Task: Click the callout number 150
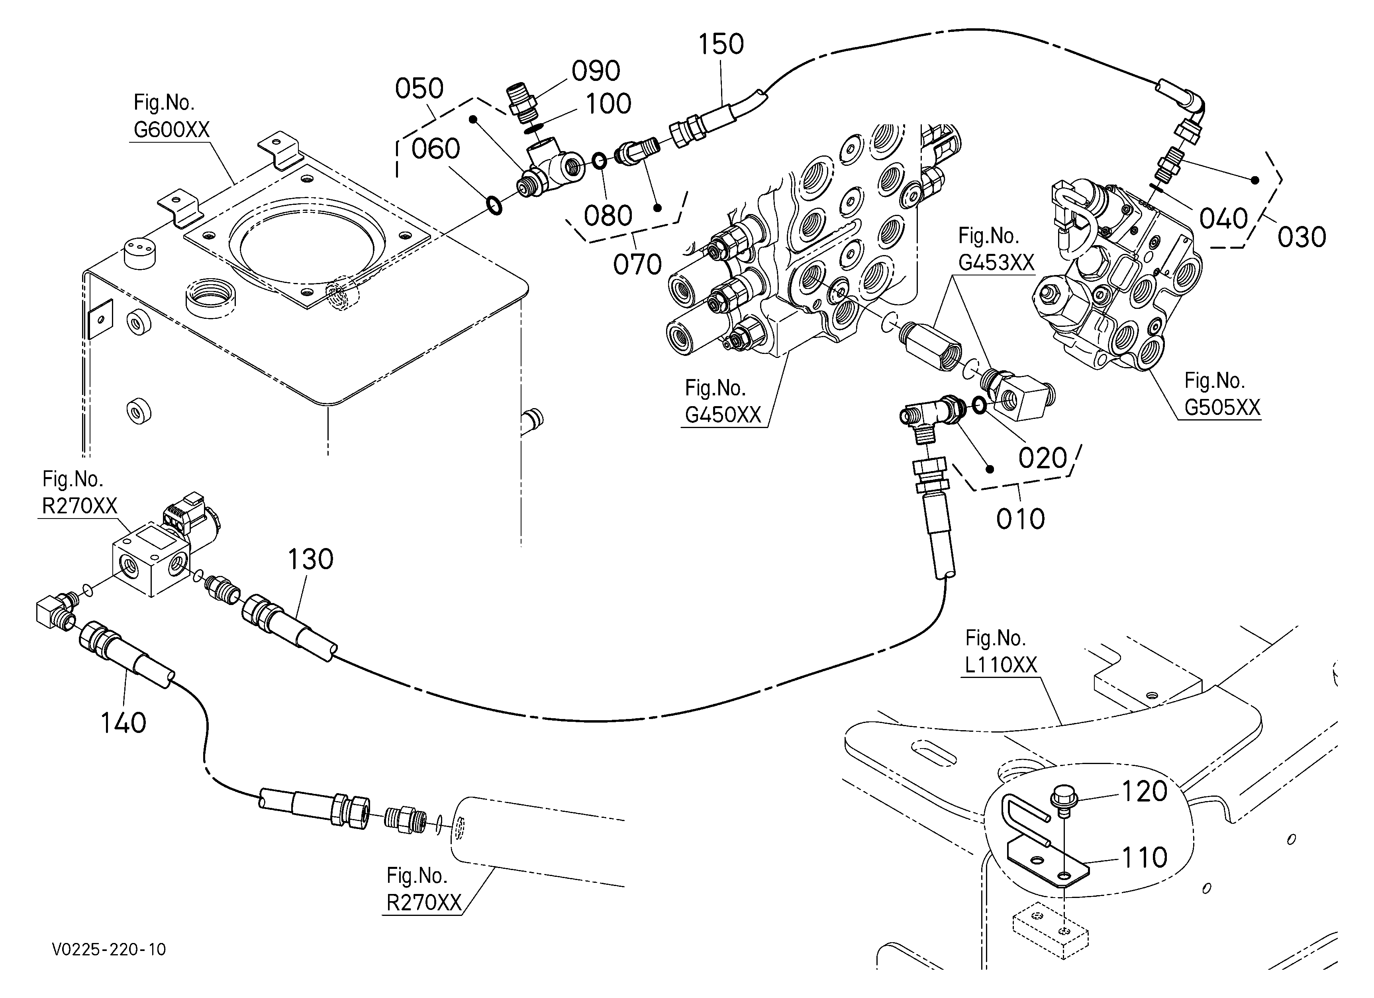(721, 44)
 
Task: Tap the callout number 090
(596, 71)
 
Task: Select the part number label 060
(435, 148)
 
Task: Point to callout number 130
(310, 559)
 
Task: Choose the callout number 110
(1145, 857)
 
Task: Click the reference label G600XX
(171, 130)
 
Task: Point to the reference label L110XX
(1001, 665)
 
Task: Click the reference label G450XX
(723, 415)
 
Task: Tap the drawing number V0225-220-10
(109, 949)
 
